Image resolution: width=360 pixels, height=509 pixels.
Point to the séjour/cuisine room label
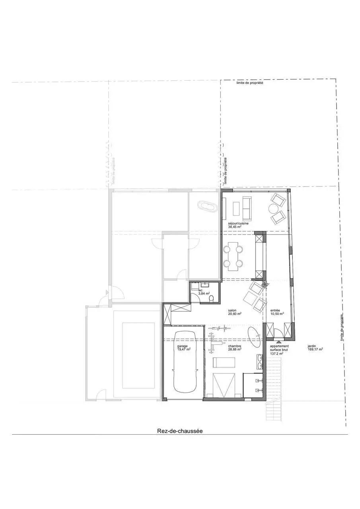[x=238, y=223]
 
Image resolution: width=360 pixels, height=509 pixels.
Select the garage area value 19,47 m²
[x=184, y=349]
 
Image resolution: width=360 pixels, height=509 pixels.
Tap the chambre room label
[x=235, y=346]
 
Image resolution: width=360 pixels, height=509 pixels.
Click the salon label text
[x=233, y=310]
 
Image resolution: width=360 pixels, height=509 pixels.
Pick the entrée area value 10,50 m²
[x=277, y=314]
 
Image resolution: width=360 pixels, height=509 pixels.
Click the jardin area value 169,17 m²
[x=315, y=350]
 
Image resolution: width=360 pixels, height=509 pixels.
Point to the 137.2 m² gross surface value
[x=276, y=353]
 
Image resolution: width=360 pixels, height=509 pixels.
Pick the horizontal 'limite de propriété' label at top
[x=250, y=83]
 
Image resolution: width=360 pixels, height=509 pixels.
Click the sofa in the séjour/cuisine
[x=247, y=207]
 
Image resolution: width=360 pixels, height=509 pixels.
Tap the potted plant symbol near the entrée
[x=265, y=284]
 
